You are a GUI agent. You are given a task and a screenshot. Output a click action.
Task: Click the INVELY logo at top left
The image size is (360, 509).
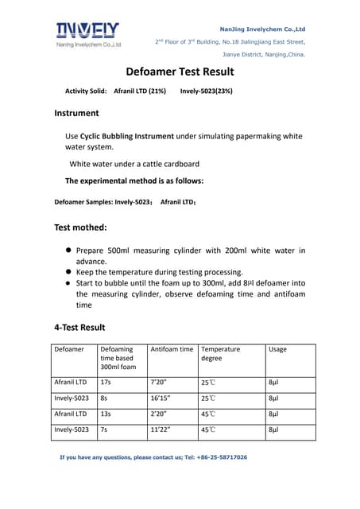(88, 33)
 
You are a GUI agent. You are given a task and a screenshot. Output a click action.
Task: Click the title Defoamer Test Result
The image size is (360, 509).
(180, 72)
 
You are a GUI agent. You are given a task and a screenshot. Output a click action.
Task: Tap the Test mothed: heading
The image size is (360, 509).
(85, 227)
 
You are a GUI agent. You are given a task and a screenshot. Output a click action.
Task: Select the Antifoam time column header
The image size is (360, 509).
(172, 349)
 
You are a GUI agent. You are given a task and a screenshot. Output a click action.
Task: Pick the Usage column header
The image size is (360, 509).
(278, 349)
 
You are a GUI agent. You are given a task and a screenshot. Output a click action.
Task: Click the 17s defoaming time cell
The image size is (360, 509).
(105, 383)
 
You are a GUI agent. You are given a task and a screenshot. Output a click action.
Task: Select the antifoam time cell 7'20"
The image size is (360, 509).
(159, 383)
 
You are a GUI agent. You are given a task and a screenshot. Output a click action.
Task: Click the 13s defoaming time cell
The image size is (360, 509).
(105, 414)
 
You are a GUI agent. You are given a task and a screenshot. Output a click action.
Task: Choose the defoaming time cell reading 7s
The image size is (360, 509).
(103, 429)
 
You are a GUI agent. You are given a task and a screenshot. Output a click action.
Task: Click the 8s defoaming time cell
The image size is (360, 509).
(103, 398)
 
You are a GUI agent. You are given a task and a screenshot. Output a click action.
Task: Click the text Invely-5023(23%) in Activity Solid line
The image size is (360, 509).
(207, 91)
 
